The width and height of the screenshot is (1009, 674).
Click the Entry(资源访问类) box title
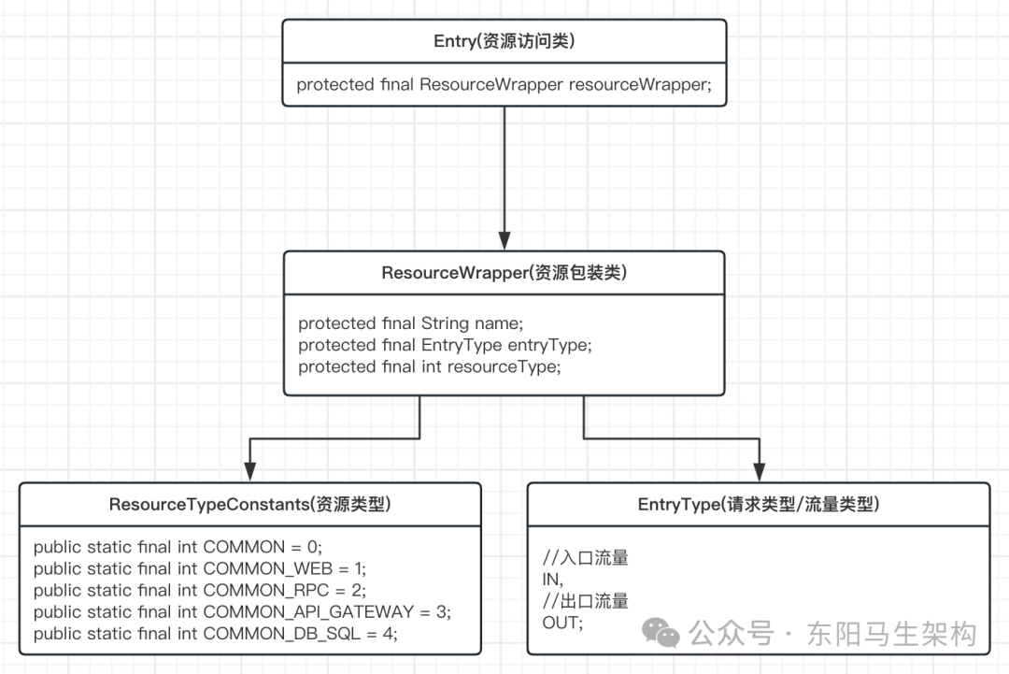504,40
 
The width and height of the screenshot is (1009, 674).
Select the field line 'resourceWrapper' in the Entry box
504,85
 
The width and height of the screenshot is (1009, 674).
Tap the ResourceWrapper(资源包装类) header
504,273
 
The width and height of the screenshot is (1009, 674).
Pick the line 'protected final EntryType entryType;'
445,345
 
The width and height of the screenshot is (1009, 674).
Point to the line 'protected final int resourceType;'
429,366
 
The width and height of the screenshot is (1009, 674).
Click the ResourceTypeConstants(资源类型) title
249,505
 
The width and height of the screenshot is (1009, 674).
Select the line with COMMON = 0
178,547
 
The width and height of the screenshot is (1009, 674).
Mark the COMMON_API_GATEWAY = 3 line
242,611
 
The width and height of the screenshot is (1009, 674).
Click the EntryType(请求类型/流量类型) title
759,505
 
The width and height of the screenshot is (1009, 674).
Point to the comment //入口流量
586,558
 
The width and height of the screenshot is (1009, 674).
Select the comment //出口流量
586,601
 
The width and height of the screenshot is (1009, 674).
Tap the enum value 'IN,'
553,580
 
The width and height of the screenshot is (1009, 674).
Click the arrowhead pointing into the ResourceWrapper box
504,241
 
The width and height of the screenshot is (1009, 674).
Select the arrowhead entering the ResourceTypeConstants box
249,473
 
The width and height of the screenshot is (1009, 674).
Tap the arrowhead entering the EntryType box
759,473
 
